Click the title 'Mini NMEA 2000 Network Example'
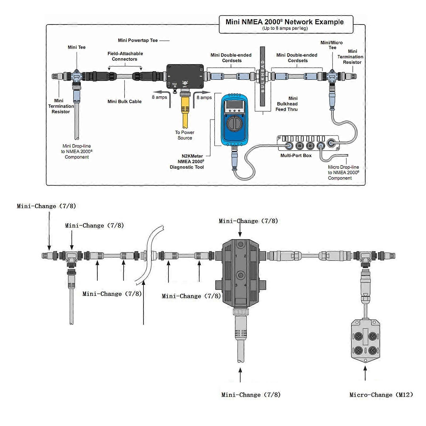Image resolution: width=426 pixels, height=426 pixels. coord(284,22)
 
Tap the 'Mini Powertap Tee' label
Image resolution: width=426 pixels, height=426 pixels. coord(138,40)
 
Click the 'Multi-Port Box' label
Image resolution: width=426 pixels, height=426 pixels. coord(296,155)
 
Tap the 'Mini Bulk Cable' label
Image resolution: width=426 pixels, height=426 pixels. coord(125,101)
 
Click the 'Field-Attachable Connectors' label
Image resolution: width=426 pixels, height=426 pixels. coord(125,56)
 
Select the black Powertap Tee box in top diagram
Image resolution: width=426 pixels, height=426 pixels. coord(185,76)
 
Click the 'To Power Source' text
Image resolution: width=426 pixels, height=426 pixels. coord(185,135)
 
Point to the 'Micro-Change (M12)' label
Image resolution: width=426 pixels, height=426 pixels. coord(381,395)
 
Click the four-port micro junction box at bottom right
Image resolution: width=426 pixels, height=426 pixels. coord(365,341)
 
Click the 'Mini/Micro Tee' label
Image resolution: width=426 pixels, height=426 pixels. coord(332,45)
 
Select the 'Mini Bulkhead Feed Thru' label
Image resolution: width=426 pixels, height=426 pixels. coord(287,104)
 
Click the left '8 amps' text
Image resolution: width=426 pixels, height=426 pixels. coord(159,97)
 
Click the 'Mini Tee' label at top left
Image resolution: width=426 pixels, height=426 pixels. coord(77,47)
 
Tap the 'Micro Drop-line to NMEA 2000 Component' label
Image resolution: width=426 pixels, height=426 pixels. coord(343,172)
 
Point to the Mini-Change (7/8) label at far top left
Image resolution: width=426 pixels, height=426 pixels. coord(46,206)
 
